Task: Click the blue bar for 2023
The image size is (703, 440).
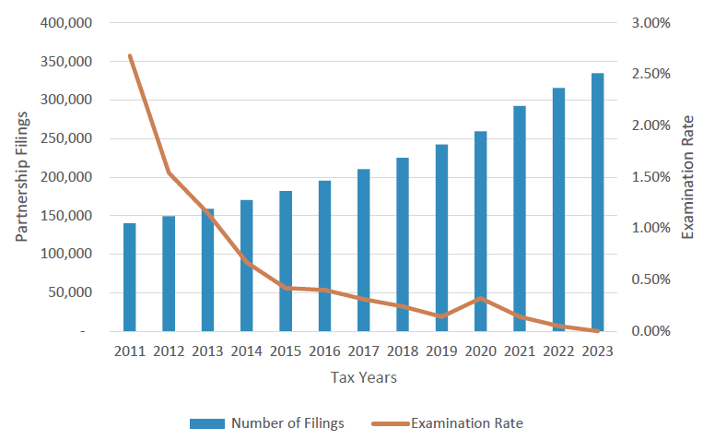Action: (x=597, y=202)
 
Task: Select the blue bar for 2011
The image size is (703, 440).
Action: (x=130, y=277)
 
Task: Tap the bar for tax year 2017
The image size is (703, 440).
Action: (x=363, y=250)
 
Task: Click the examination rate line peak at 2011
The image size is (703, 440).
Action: (x=130, y=56)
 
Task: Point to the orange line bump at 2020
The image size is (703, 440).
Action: (x=480, y=298)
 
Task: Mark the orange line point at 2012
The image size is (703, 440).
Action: (x=169, y=172)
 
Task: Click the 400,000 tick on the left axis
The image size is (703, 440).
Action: (x=66, y=23)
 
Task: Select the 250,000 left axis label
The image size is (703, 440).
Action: (x=66, y=138)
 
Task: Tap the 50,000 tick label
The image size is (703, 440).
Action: (x=70, y=292)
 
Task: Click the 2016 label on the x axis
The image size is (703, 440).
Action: (x=324, y=351)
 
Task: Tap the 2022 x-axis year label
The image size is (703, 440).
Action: (x=558, y=351)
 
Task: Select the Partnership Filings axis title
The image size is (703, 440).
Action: (x=21, y=176)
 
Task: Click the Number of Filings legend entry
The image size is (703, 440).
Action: (x=267, y=423)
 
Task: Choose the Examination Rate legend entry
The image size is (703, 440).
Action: (x=448, y=423)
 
